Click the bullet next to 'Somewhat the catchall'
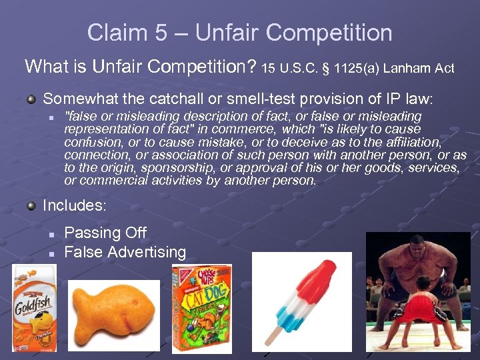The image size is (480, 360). pos(31,99)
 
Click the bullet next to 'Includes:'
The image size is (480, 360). pos(31,206)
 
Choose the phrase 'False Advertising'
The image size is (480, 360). pos(125,252)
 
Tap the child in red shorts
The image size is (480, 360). pos(424,313)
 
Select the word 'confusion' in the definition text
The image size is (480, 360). pos(91,143)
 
